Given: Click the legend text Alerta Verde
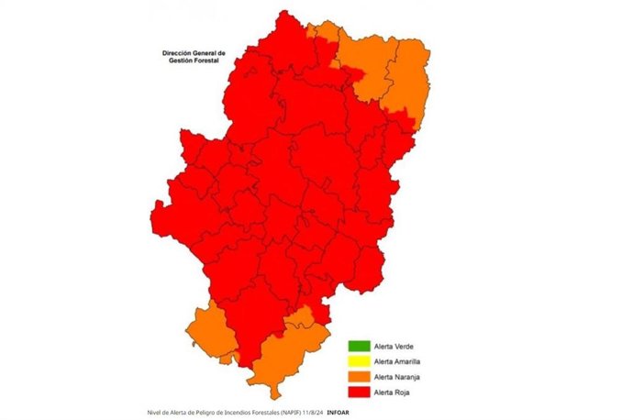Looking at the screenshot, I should point(392,347).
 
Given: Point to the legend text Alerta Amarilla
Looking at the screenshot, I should point(396,362).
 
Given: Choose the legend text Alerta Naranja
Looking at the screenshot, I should point(395,378).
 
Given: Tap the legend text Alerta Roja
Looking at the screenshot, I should point(391,393).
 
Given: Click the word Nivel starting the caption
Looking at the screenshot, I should point(155,413).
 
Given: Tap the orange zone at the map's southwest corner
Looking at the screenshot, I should point(206,332).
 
